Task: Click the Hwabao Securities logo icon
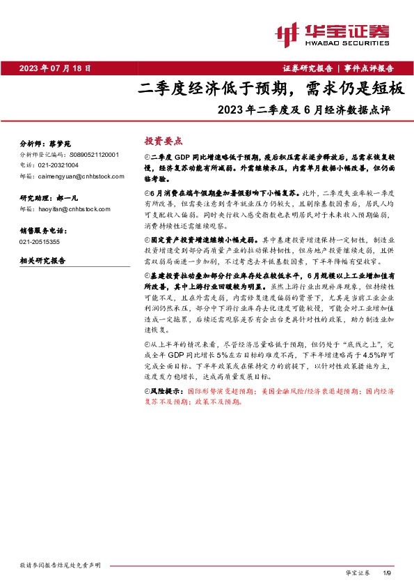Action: pos(288,32)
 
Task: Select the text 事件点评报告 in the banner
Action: pos(369,68)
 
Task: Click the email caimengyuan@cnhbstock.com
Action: pos(72,176)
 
